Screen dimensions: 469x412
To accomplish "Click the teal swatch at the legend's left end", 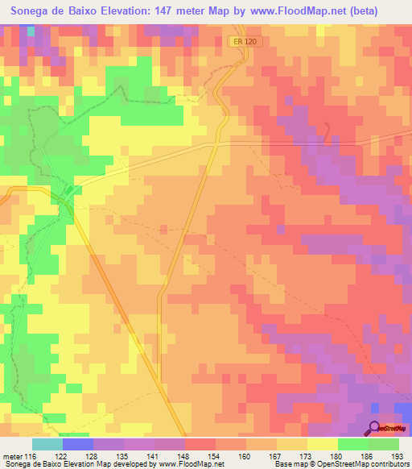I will click(x=47, y=444).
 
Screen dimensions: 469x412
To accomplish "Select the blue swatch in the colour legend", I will click(x=77, y=444).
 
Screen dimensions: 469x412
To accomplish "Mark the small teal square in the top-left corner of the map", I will click(x=31, y=32).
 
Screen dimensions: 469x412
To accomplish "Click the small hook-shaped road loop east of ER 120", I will click(x=328, y=131).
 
